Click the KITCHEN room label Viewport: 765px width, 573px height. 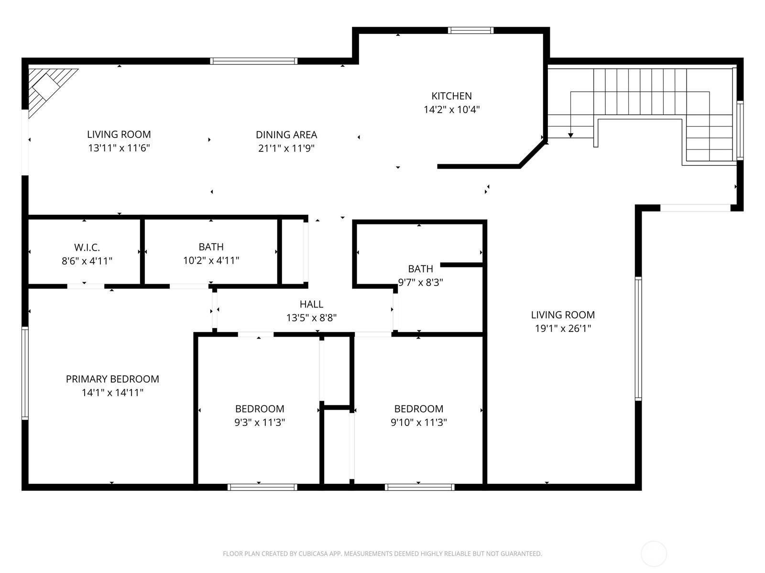pos(451,96)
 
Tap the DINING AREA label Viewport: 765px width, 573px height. pos(286,135)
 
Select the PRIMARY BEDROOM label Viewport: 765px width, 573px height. pos(112,379)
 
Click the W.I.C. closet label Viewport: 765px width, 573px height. pos(87,247)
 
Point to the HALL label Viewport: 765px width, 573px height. pos(311,304)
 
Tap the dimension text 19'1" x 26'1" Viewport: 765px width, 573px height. pos(563,329)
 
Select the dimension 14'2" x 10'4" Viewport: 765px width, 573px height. pos(451,110)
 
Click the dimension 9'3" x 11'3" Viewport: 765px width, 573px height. pos(260,423)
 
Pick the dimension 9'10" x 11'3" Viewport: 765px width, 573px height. pos(418,423)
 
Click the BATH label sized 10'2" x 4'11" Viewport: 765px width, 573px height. pos(211,247)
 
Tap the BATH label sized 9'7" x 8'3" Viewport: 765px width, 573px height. pos(420,269)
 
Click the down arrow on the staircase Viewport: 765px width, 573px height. pos(570,135)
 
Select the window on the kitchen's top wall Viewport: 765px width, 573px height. pos(470,31)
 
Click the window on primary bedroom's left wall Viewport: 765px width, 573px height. pos(25,373)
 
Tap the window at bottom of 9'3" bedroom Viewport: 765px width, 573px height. pos(262,487)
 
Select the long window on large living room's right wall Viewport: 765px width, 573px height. pos(638,338)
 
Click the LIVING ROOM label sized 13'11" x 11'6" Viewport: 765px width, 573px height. pos(119,135)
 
